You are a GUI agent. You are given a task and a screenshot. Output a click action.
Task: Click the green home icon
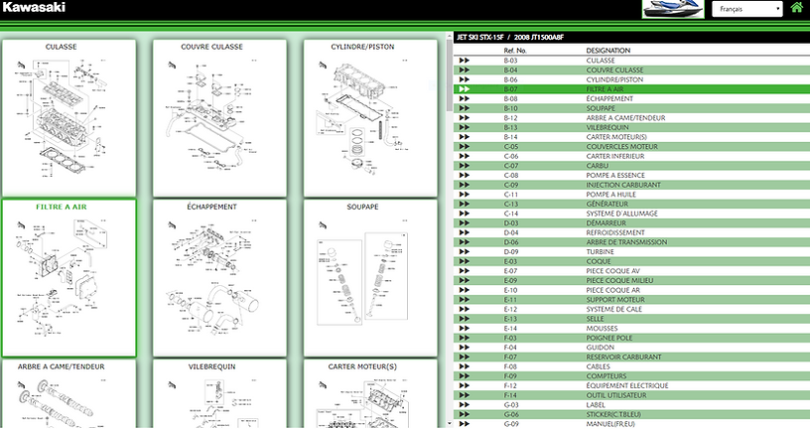tap(796, 9)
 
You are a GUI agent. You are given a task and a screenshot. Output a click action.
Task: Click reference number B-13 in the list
tap(511, 127)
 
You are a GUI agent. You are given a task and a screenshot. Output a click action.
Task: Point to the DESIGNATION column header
tap(607, 50)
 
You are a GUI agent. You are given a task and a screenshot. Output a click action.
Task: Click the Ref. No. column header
tap(515, 50)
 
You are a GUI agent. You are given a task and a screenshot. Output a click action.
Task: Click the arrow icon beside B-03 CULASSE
tap(465, 61)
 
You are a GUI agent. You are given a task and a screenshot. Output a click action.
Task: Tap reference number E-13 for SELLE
tap(511, 319)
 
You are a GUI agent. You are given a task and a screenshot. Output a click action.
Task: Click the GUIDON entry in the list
tap(600, 348)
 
